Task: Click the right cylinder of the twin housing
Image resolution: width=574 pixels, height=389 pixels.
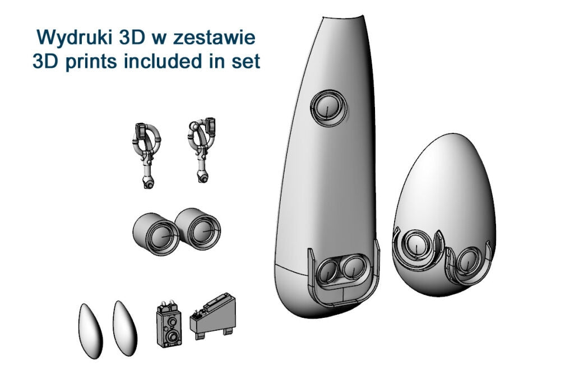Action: (198, 229)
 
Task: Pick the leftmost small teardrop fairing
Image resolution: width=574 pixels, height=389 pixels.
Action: (90, 331)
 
